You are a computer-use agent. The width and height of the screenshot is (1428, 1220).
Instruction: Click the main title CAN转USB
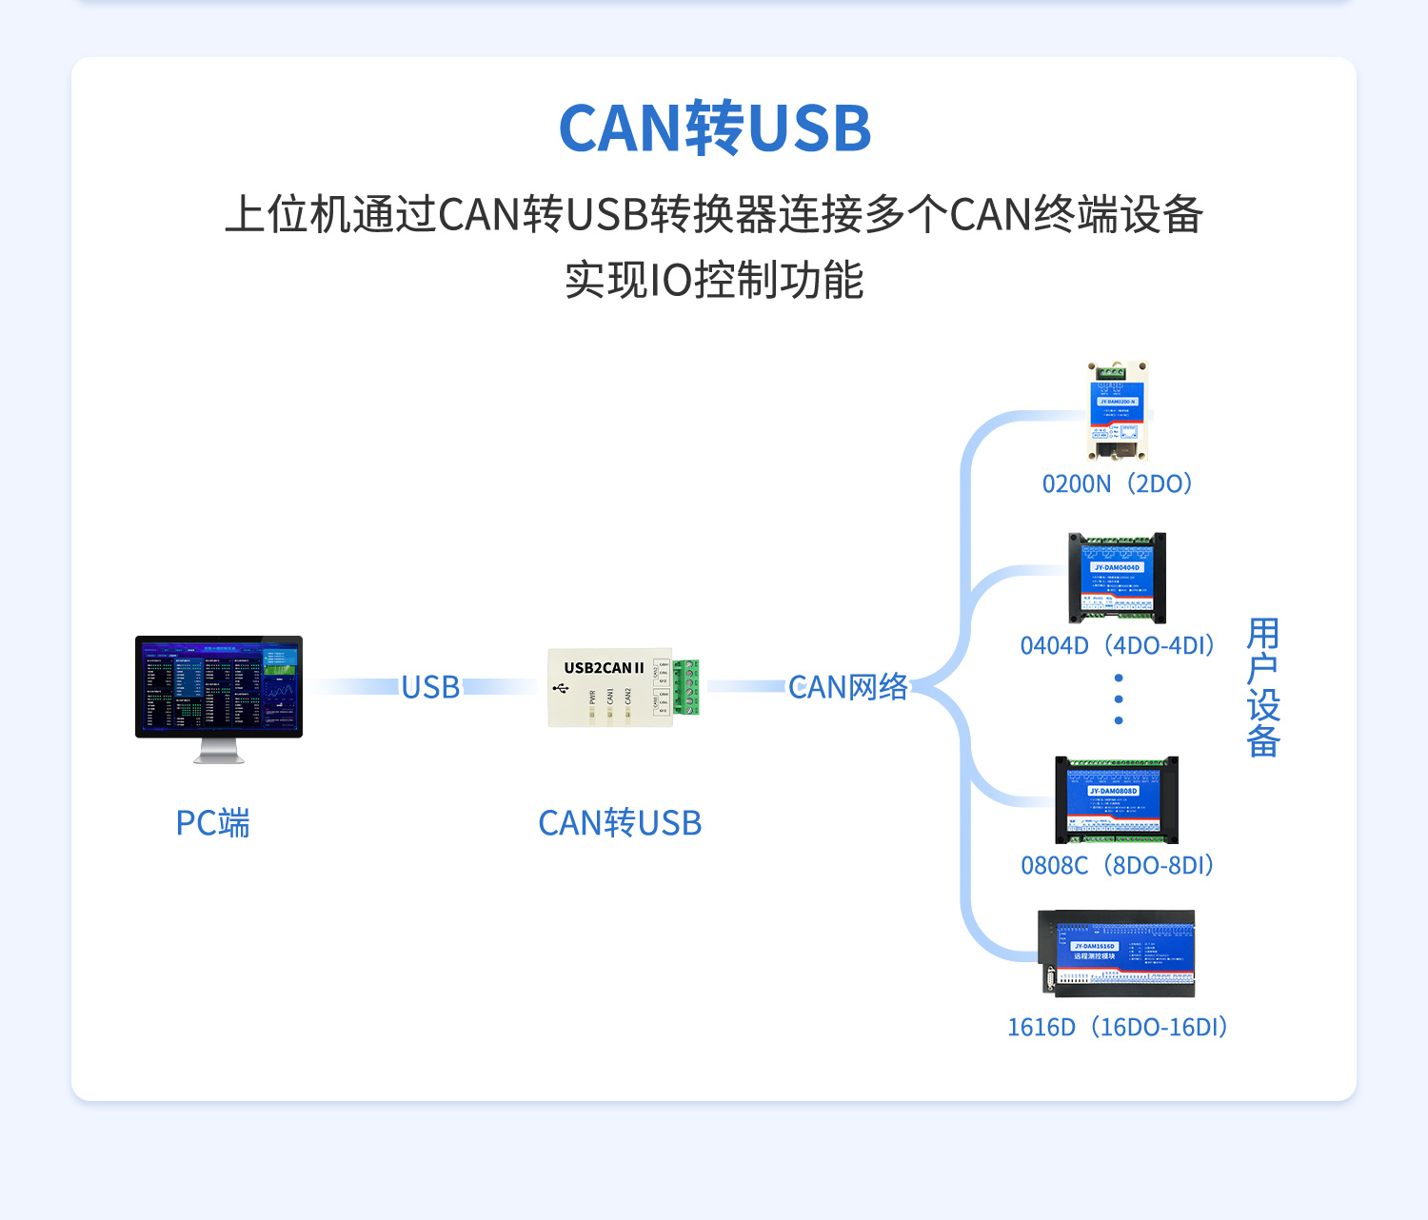click(x=714, y=128)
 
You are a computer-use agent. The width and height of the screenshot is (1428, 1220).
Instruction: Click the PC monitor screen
click(x=219, y=685)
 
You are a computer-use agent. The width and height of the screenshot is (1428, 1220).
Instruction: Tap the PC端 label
click(x=213, y=823)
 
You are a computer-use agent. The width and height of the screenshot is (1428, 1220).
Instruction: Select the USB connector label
click(x=430, y=687)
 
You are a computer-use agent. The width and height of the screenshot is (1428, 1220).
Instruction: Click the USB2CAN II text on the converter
click(x=604, y=668)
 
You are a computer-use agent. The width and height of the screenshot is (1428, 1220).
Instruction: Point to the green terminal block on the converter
click(x=685, y=687)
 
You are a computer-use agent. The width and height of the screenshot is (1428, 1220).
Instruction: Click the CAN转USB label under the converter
click(x=620, y=823)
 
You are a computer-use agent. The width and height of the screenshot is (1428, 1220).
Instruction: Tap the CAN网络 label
click(x=847, y=687)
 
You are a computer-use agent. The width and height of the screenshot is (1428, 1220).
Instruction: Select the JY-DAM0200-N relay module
click(x=1118, y=411)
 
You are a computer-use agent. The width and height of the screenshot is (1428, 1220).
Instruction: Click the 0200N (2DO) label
click(x=1118, y=484)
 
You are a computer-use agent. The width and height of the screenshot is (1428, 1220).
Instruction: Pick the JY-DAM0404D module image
click(x=1118, y=578)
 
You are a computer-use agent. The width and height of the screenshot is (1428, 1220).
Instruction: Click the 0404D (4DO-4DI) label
click(x=1118, y=646)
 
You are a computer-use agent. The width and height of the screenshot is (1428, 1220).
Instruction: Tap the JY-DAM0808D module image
click(x=1117, y=800)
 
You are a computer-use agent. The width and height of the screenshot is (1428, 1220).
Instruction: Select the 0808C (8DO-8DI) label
click(x=1118, y=866)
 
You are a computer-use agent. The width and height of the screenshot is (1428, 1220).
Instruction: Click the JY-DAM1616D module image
click(x=1117, y=954)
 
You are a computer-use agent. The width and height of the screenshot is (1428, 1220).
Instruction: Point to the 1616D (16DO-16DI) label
click(x=1118, y=1028)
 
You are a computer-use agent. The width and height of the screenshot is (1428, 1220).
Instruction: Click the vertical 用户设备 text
click(x=1263, y=687)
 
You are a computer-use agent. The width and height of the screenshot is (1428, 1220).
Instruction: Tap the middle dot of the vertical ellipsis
click(x=1119, y=699)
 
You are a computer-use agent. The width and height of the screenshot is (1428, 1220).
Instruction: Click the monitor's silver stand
click(x=219, y=752)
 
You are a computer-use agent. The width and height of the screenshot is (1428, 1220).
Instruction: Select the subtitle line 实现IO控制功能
click(x=714, y=281)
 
